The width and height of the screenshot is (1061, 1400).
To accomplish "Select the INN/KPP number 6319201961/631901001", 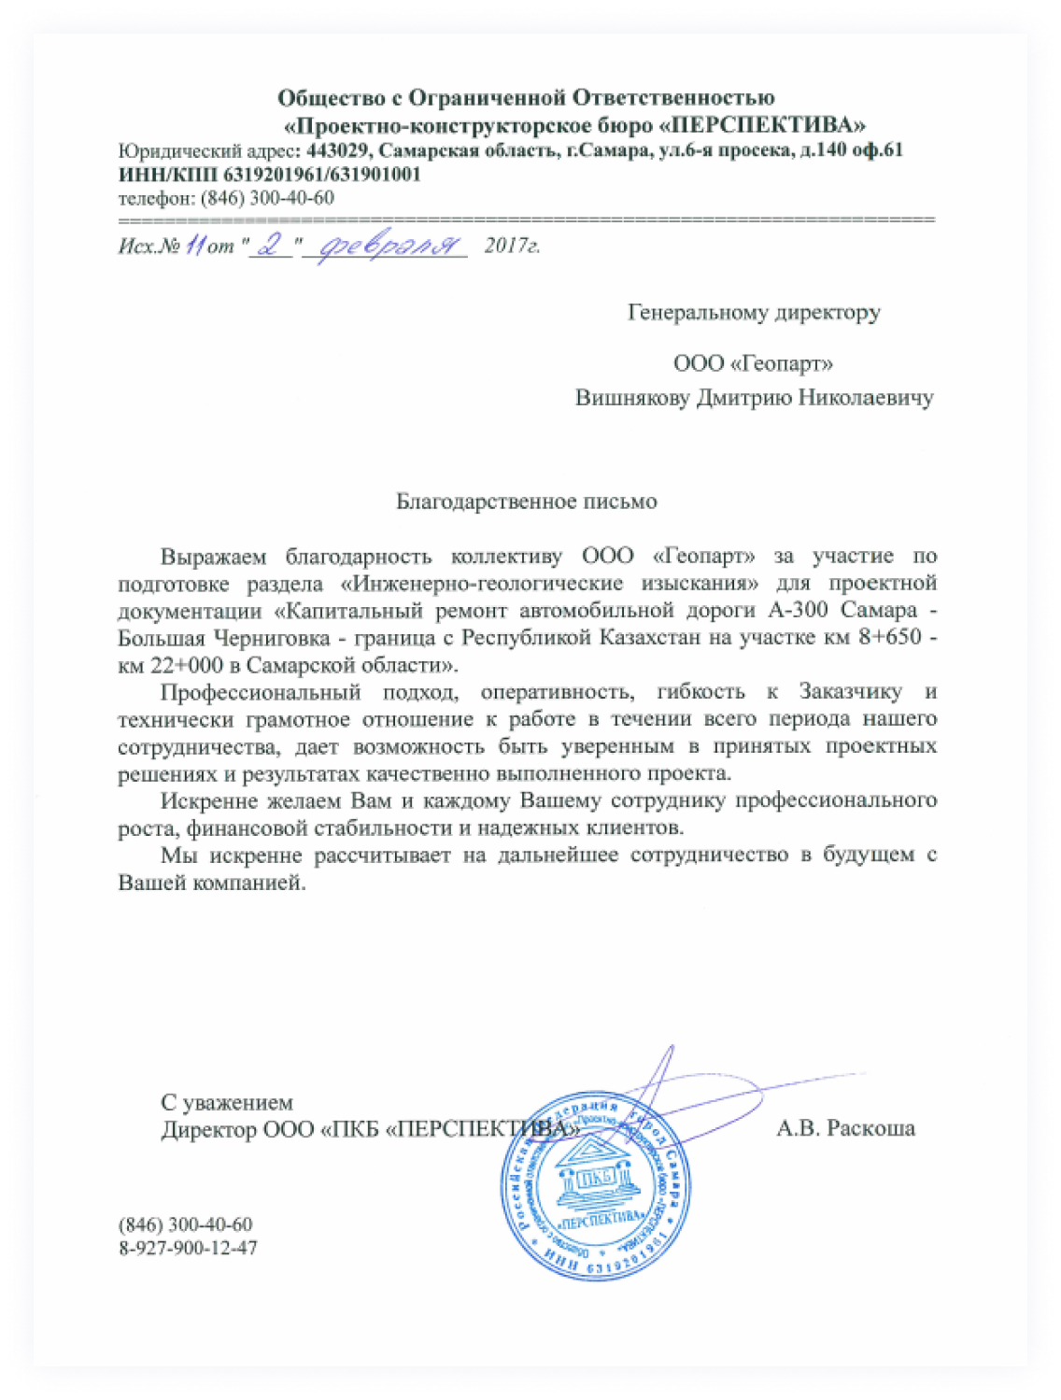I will pos(322,175).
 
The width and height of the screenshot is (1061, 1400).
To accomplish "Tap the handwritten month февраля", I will pos(390,246).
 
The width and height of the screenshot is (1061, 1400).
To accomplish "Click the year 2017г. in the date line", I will pos(512,247).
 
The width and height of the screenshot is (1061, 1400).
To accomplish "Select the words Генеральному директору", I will pos(754,312).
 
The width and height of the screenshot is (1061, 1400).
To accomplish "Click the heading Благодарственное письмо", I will pos(527,502).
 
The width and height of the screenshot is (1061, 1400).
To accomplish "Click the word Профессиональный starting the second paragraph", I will pos(261,692).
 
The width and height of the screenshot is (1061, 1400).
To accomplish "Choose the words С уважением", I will pos(227,1103).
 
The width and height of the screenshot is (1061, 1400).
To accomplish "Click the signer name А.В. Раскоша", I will pos(845,1128).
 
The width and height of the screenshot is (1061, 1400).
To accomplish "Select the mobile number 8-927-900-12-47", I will pos(188,1248).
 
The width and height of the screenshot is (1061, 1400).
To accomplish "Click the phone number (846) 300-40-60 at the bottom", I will pos(185,1224).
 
